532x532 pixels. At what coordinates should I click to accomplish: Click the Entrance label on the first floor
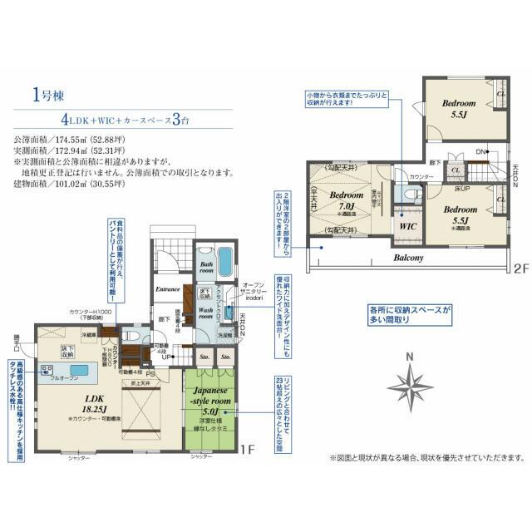click(168, 288)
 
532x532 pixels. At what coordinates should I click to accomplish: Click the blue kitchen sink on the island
click(79, 370)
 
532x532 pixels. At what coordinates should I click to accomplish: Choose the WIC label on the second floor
click(407, 225)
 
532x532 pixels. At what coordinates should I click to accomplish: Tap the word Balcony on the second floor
click(408, 258)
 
